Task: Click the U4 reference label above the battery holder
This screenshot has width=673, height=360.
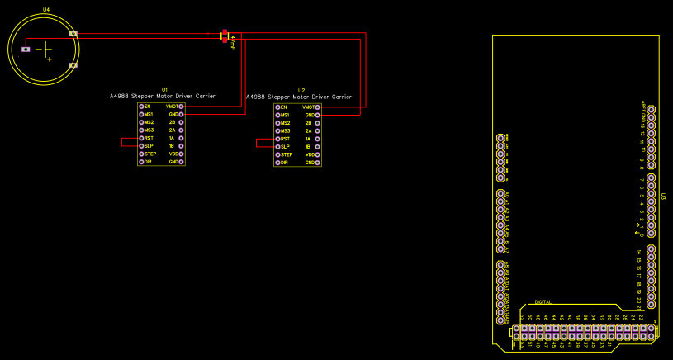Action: tap(45, 9)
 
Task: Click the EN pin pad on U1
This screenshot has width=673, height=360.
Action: tap(141, 107)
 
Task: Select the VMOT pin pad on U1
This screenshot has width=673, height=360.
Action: tap(181, 107)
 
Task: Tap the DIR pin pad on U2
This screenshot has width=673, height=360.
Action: tap(277, 163)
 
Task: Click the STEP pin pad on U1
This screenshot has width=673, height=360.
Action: tap(141, 154)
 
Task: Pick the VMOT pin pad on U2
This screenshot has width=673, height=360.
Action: tap(317, 107)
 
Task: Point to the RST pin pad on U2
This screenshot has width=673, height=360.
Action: tap(277, 139)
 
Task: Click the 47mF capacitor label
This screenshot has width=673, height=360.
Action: tap(234, 43)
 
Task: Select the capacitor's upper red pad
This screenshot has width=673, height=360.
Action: tap(224, 32)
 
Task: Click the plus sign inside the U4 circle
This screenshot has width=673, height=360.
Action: tap(50, 59)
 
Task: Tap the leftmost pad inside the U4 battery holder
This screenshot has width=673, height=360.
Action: tap(26, 50)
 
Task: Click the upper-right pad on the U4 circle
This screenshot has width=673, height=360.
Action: tap(73, 34)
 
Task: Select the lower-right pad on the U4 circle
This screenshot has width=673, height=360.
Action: tap(73, 64)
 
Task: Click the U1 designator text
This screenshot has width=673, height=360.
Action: tap(164, 88)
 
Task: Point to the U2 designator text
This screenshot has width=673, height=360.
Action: tap(301, 89)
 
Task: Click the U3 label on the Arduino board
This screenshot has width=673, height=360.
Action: tap(663, 197)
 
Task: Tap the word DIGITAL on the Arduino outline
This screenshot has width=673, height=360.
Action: tap(543, 302)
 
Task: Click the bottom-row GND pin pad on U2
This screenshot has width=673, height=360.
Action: tap(317, 163)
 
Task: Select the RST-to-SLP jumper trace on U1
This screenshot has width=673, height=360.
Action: tap(123, 141)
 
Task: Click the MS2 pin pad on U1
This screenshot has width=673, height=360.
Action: tap(141, 122)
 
